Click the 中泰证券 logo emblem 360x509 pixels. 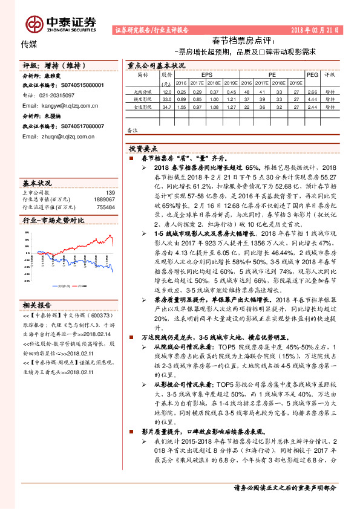[33, 24]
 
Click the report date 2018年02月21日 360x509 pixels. [317, 29]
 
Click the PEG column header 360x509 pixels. [312, 74]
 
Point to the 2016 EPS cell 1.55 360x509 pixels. [181, 106]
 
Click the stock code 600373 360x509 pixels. [88, 316]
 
